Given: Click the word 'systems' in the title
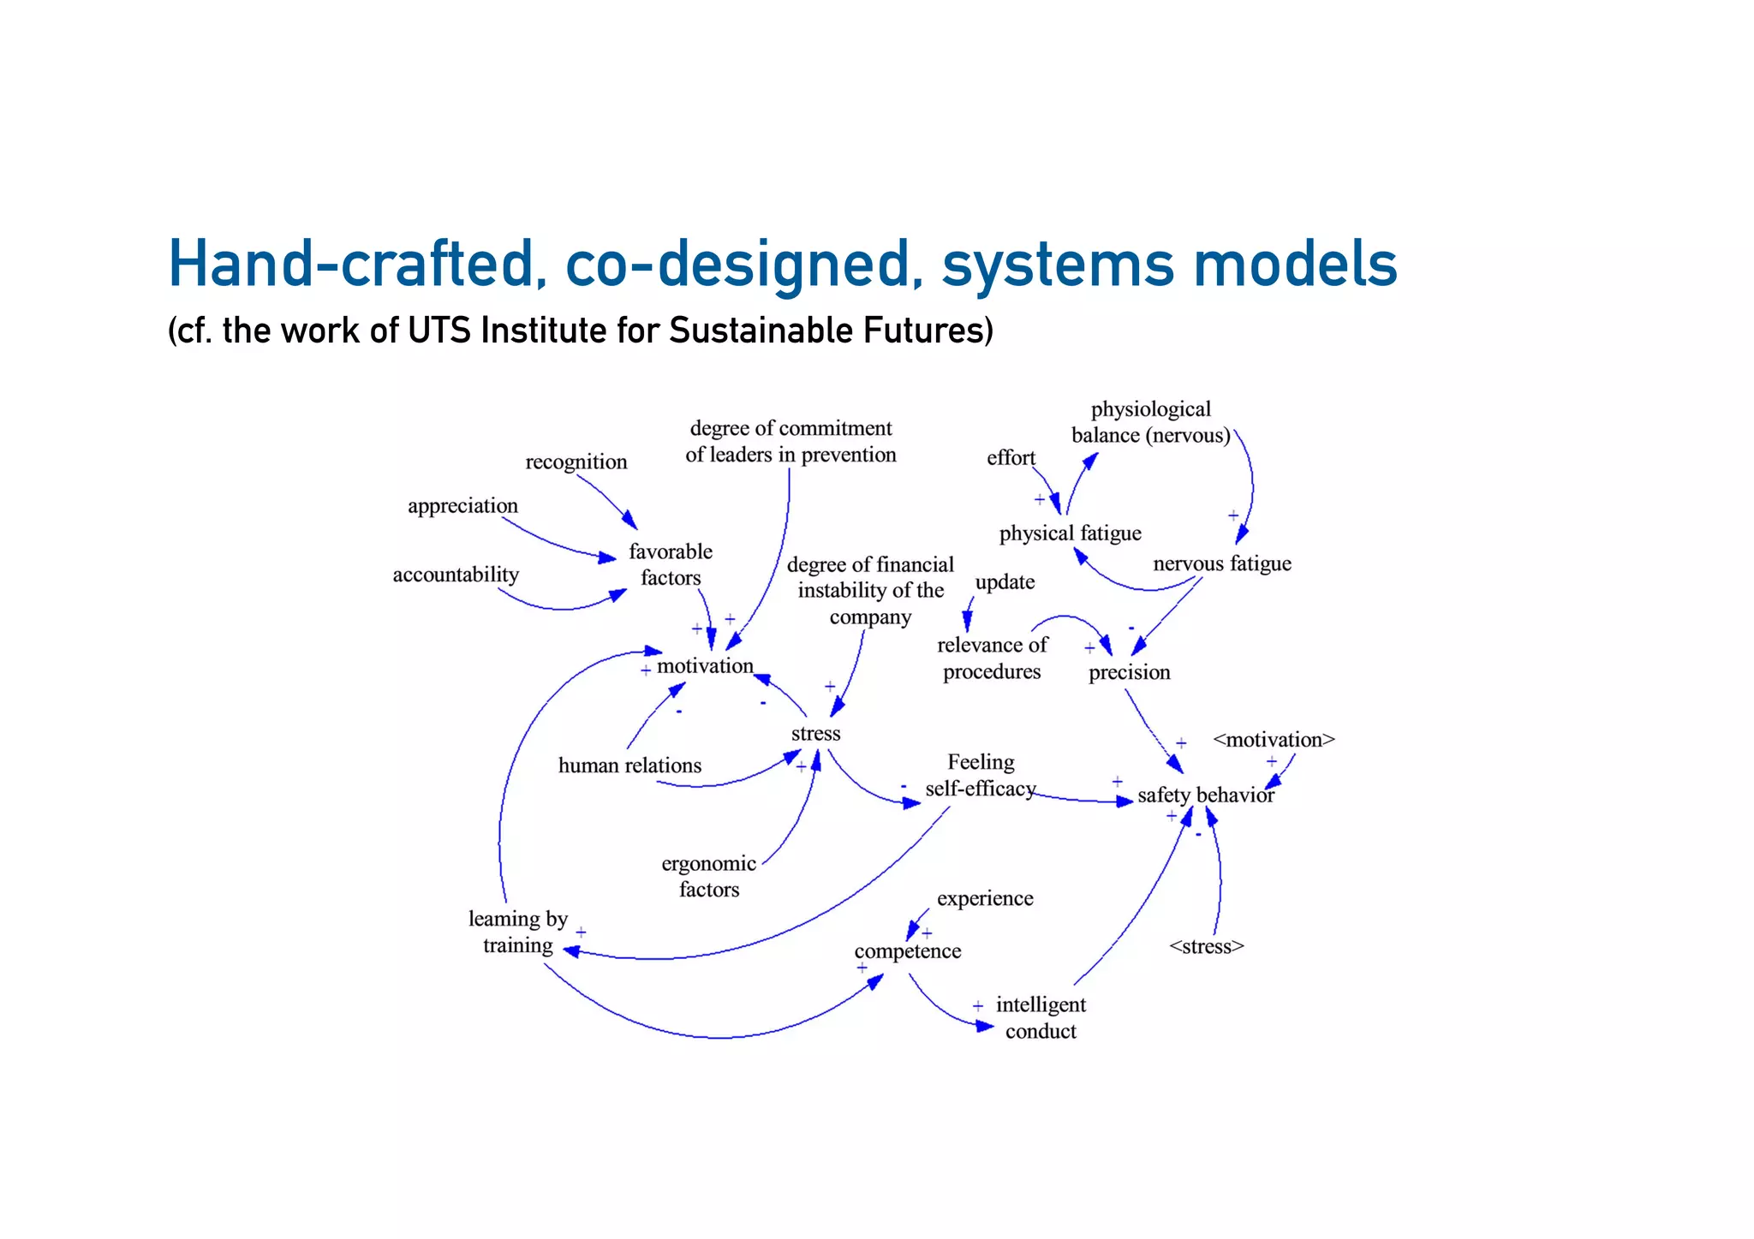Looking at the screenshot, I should (1058, 265).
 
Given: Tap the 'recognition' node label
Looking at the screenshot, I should (576, 462).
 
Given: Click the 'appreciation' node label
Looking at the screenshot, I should (462, 505).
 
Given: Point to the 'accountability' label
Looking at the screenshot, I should (456, 575).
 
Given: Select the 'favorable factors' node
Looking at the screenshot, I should (671, 564).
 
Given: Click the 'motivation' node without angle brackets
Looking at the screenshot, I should (705, 665).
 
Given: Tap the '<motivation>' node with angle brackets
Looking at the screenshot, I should (1274, 739).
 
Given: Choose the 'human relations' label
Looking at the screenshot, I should (629, 765).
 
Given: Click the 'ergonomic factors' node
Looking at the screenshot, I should (709, 876).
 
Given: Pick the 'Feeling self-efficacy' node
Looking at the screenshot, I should (981, 775).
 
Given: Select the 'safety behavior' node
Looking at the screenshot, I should (1206, 795).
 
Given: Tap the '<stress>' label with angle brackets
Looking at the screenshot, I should (1206, 946).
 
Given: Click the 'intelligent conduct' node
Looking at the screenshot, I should (1041, 1017).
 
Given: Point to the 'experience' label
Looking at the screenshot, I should (985, 898).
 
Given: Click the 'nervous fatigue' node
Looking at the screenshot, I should (1222, 563).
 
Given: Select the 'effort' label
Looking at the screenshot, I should (1011, 458).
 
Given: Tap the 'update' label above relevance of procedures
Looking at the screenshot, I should (1005, 582).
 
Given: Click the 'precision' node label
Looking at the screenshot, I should (1129, 672).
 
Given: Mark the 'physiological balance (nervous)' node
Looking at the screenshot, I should (1151, 422).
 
